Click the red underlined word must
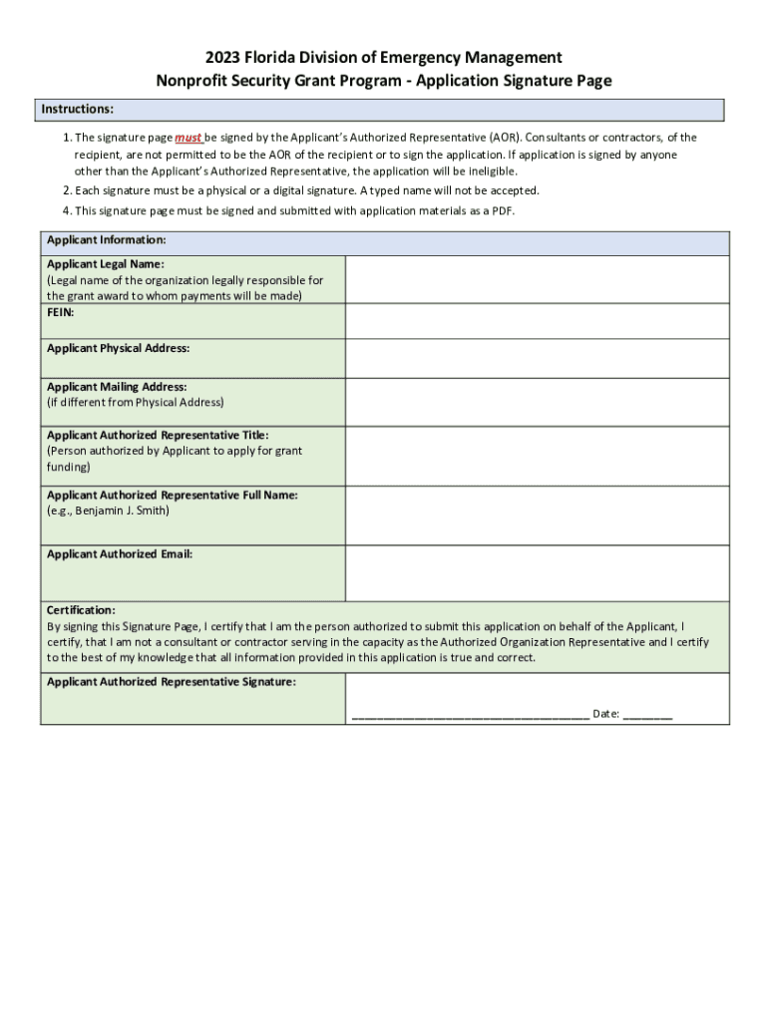pos(189,138)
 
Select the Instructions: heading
pos(77,109)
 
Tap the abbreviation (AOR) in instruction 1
pos(503,138)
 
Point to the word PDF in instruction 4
pos(503,211)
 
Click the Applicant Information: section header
pos(106,240)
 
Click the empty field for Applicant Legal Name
pos(537,279)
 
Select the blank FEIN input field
pos(537,321)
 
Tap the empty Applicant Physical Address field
pos(537,358)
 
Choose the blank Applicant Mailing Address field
pos(537,402)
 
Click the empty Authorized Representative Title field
pos(537,457)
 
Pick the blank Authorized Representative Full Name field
pos(537,515)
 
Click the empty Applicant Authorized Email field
pos(537,573)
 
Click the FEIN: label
pos(61,312)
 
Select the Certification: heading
pos(81,609)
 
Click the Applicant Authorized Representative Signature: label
pos(171,682)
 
